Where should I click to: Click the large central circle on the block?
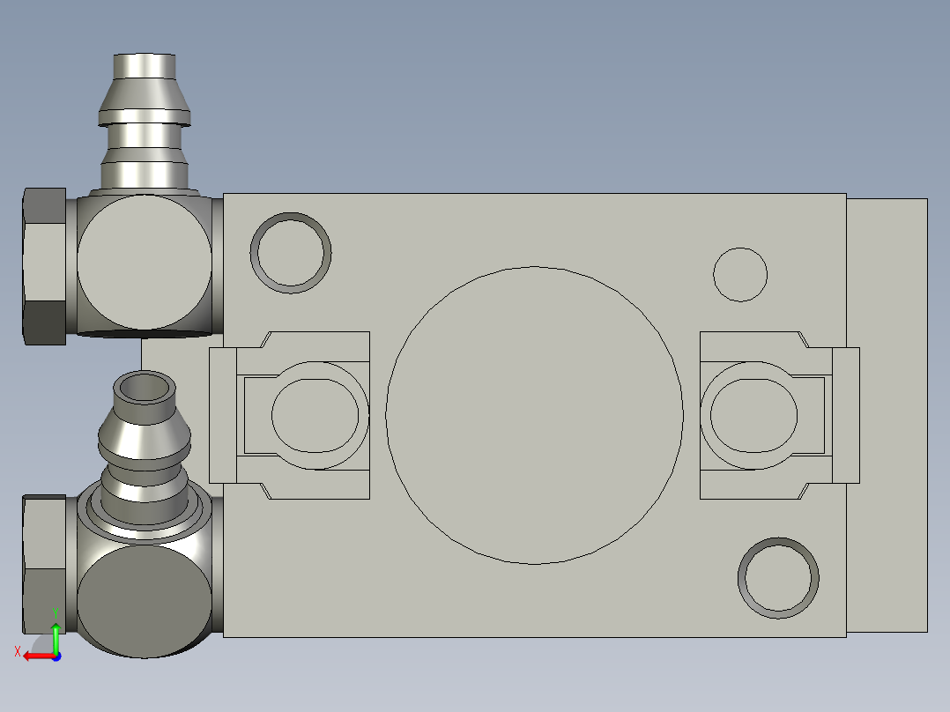click(534, 415)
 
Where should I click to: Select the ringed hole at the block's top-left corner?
click(292, 253)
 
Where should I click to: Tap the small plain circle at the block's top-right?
click(740, 274)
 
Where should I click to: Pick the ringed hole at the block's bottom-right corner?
click(778, 577)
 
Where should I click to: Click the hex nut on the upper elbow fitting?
click(44, 266)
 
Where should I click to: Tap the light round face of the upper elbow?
click(144, 263)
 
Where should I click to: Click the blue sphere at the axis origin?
click(56, 656)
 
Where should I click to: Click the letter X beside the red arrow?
click(17, 651)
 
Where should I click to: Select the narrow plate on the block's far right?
click(887, 415)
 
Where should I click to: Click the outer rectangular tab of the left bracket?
click(222, 415)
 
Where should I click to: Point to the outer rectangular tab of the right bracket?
click(846, 415)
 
